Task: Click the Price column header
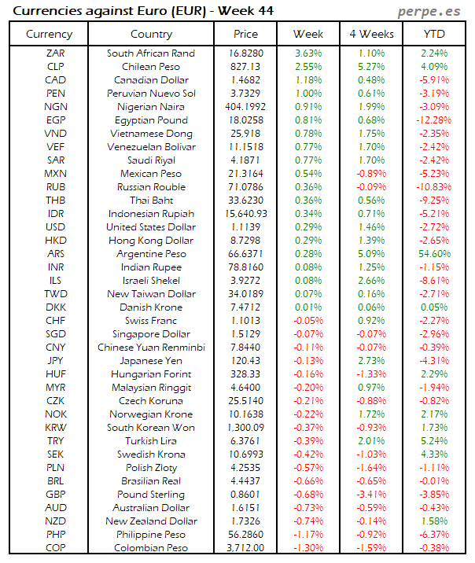click(x=245, y=34)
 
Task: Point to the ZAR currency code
click(x=56, y=53)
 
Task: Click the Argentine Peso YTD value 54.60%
click(x=435, y=254)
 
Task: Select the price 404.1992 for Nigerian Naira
click(x=245, y=107)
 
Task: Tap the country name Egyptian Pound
click(x=151, y=120)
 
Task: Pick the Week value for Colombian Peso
click(x=308, y=548)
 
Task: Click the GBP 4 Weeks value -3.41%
click(x=371, y=495)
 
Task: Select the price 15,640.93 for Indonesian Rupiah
click(x=245, y=214)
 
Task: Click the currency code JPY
click(x=56, y=361)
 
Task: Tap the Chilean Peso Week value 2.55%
click(x=308, y=67)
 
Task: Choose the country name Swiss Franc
click(x=151, y=321)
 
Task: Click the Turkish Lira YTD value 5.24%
click(x=435, y=441)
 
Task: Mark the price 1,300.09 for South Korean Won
click(x=245, y=428)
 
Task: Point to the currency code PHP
click(x=56, y=535)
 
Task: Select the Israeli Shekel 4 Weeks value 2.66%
click(x=371, y=281)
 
